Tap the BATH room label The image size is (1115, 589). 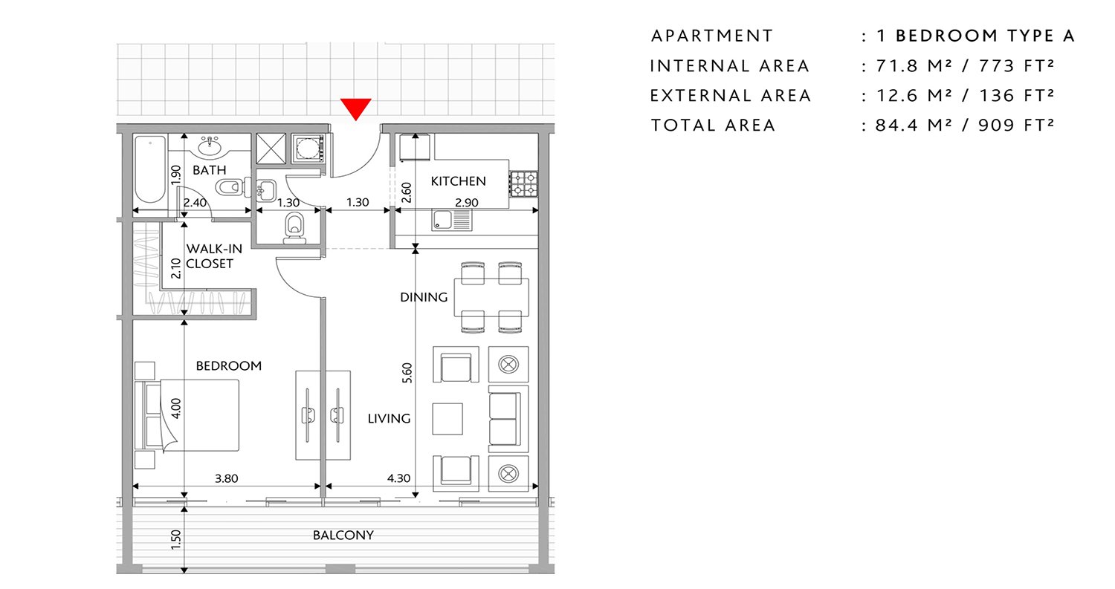[x=210, y=170]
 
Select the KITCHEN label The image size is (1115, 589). [x=458, y=181]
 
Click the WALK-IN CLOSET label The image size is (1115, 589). [x=214, y=256]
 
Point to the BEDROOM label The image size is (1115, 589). [x=228, y=365]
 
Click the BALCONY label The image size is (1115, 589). [x=343, y=535]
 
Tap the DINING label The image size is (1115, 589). [x=424, y=297]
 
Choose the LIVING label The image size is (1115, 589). [x=389, y=418]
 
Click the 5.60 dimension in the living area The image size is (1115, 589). [x=407, y=373]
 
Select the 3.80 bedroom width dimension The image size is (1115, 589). [x=227, y=478]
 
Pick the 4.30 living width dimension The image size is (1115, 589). [x=398, y=478]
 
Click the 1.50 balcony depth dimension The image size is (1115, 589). [x=175, y=540]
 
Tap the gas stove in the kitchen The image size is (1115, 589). [x=523, y=183]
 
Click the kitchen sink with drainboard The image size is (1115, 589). [x=451, y=219]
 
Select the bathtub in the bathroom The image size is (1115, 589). [x=150, y=169]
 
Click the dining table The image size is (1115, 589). [x=491, y=298]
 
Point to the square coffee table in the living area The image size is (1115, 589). [x=447, y=419]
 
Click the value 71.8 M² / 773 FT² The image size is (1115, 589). [x=965, y=65]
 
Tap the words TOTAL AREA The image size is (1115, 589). [x=713, y=126]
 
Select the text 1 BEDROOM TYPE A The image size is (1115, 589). [x=975, y=36]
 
